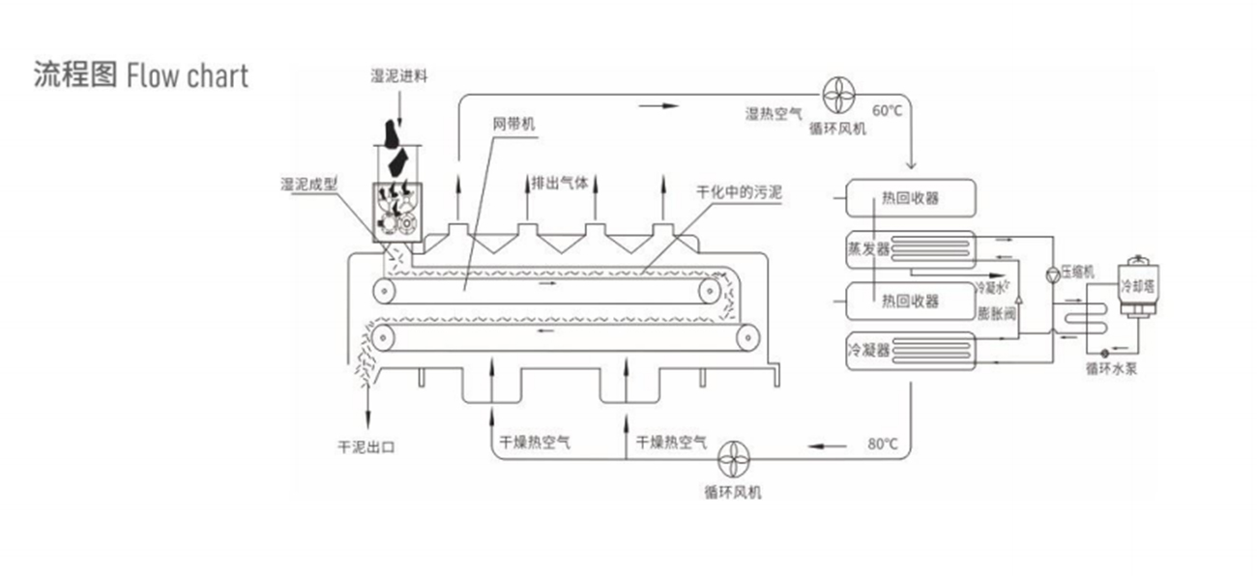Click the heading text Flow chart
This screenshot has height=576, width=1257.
tap(188, 75)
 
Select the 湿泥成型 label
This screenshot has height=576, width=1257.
tap(308, 184)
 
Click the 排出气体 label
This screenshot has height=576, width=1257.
tap(560, 181)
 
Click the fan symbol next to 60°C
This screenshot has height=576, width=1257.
tap(837, 94)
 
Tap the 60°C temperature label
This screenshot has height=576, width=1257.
tap(887, 109)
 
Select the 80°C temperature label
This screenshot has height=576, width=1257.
tap(883, 445)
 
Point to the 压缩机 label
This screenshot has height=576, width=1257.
tap(1076, 272)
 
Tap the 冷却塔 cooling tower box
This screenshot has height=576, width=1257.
tap(1136, 286)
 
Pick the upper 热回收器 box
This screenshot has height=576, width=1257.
tap(911, 199)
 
